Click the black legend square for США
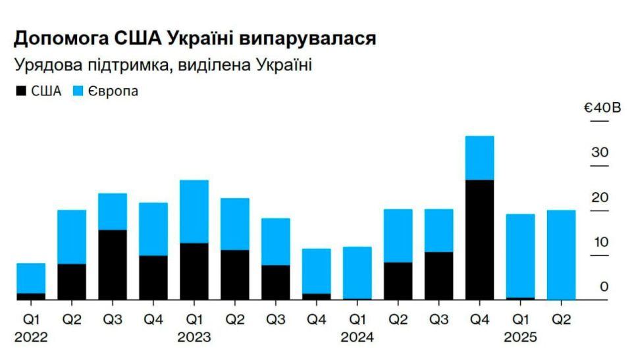[20, 91]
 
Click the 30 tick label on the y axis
[600, 153]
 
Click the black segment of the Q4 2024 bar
[480, 240]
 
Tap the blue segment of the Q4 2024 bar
[480, 158]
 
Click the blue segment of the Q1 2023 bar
[194, 211]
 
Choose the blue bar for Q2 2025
[562, 255]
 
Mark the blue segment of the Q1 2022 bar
[31, 278]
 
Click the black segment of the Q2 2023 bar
[235, 274]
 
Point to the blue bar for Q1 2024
[357, 272]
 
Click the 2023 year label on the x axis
[194, 338]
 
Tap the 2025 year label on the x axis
[521, 338]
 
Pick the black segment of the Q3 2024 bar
[439, 275]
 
